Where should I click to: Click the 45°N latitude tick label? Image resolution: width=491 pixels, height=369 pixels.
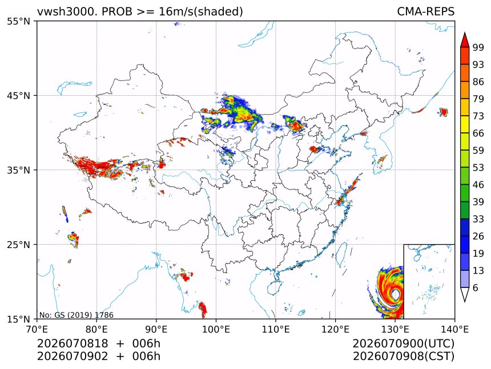click(18, 95)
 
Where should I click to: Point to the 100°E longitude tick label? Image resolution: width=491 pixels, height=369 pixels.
click(216, 329)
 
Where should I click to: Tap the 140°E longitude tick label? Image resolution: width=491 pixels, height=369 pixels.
click(454, 329)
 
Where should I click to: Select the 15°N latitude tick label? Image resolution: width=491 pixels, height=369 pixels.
click(18, 319)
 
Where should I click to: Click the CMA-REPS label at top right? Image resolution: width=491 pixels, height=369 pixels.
click(425, 11)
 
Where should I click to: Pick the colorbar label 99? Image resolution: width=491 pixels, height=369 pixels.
click(478, 47)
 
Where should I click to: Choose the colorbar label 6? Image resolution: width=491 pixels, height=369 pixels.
click(476, 287)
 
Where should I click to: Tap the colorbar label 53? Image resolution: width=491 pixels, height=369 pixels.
click(478, 168)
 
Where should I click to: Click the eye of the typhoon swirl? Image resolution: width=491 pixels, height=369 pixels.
click(396, 294)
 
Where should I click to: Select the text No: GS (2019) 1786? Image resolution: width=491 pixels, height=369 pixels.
click(76, 315)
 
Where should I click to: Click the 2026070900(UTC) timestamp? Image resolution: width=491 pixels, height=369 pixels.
click(403, 343)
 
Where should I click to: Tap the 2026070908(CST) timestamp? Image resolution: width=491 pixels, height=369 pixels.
click(403, 356)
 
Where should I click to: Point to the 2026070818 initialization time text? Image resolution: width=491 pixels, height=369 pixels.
click(73, 343)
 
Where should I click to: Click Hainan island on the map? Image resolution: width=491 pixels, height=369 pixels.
click(274, 287)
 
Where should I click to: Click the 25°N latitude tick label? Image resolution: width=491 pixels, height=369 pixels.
click(18, 245)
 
